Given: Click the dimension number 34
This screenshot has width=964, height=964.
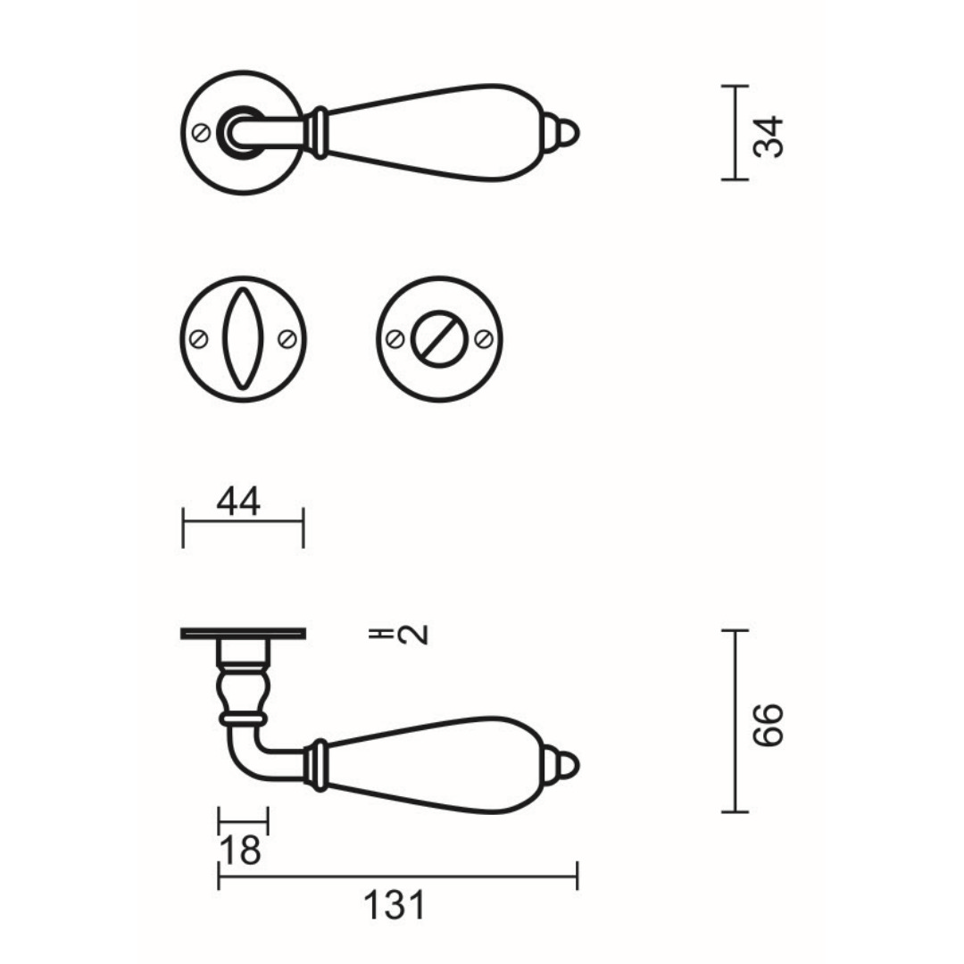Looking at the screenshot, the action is [x=769, y=137].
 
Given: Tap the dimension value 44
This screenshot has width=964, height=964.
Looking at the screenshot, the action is [x=238, y=501].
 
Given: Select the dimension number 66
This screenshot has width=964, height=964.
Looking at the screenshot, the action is [x=769, y=725].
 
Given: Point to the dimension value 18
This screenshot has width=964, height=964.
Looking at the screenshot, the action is [x=240, y=851].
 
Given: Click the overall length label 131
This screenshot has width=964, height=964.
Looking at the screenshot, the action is [x=395, y=906].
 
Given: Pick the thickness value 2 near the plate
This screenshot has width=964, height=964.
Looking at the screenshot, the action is [x=412, y=635].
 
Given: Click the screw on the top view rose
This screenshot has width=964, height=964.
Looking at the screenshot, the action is [x=201, y=132].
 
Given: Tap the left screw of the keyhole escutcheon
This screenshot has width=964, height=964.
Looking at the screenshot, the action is [x=198, y=339].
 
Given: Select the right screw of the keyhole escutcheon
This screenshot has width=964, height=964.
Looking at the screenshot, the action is [x=287, y=339].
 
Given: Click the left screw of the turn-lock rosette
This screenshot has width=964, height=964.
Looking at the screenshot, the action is [x=395, y=339].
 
